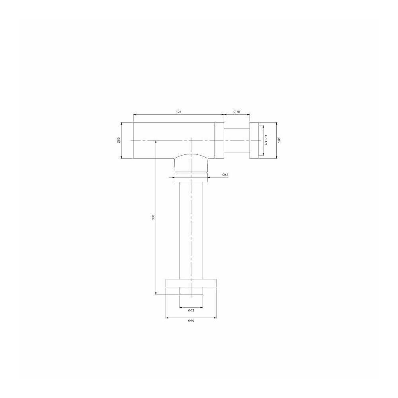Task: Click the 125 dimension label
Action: pyautogui.click(x=179, y=112)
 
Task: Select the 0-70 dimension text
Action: pyautogui.click(x=236, y=112)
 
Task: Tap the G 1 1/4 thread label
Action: pyautogui.click(x=266, y=140)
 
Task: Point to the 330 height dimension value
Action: pyautogui.click(x=153, y=217)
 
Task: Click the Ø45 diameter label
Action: pyautogui.click(x=225, y=175)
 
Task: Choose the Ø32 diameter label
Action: pyautogui.click(x=191, y=310)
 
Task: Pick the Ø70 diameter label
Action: pyautogui.click(x=191, y=321)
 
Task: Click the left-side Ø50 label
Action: pyautogui.click(x=119, y=140)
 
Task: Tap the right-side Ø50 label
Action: pyautogui.click(x=279, y=140)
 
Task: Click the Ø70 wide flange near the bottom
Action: pyautogui.click(x=191, y=283)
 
